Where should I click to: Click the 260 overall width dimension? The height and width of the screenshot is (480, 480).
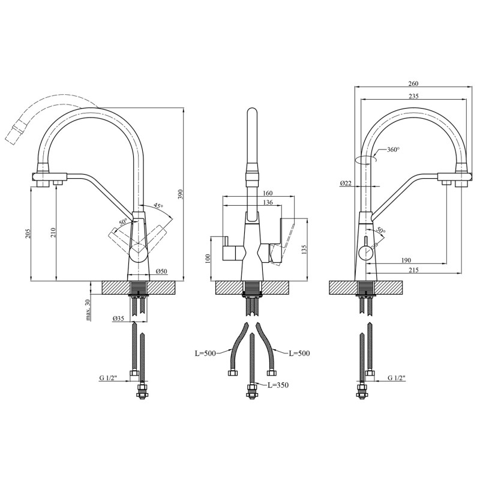[413, 83]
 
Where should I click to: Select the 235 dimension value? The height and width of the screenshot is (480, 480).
[413, 96]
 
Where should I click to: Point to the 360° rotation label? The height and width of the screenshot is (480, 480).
[393, 149]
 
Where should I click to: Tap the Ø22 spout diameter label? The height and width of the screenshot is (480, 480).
[346, 183]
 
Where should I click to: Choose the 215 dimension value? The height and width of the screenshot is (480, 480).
[413, 271]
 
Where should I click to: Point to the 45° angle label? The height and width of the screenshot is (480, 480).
[158, 206]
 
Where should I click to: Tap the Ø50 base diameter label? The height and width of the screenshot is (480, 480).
[161, 272]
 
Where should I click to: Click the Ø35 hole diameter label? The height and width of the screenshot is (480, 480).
[118, 319]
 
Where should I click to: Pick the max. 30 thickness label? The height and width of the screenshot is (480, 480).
[88, 309]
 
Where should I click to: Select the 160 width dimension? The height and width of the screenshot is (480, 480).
[268, 193]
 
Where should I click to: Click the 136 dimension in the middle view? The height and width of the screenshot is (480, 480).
[267, 203]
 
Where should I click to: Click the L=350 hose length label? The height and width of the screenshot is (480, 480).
[278, 385]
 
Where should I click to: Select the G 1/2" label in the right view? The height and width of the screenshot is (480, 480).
[396, 378]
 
